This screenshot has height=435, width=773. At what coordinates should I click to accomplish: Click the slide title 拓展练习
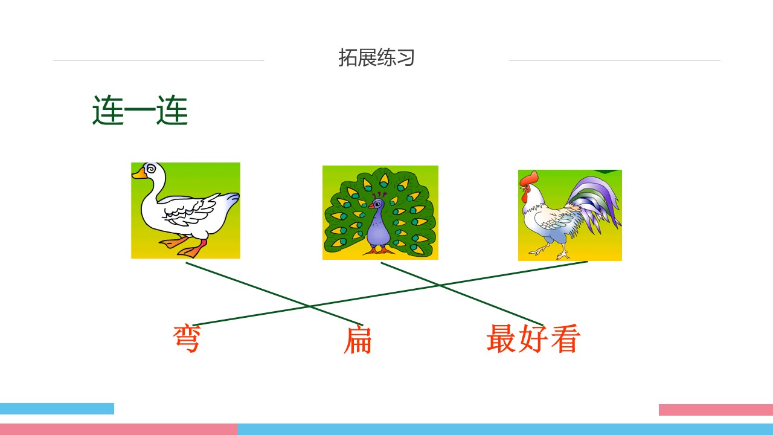376,58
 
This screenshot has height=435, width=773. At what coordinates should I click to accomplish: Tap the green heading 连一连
140,111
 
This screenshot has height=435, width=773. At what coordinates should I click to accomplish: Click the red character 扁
358,340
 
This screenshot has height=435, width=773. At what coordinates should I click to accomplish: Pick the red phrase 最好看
533,338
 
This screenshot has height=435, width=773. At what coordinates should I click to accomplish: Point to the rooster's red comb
529,179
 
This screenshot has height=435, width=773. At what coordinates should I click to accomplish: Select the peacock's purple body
379,227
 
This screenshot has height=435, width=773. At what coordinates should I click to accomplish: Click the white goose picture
185,210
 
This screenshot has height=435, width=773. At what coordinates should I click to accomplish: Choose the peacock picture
380,213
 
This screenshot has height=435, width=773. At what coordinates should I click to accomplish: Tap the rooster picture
569,215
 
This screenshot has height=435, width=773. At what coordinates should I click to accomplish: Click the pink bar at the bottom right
716,410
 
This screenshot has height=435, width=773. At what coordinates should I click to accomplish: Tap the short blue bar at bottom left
57,408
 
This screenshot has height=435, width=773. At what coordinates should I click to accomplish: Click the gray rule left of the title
158,60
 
